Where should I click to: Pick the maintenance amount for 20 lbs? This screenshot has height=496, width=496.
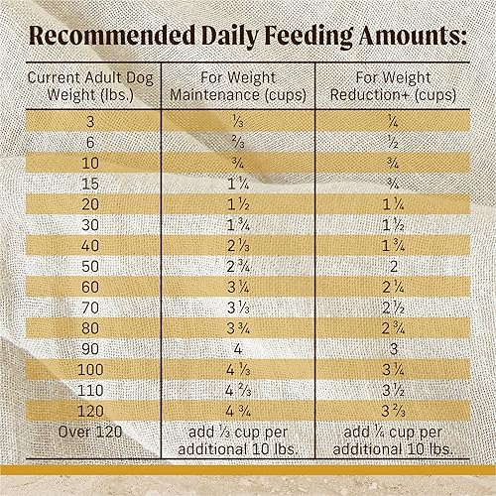(237, 204)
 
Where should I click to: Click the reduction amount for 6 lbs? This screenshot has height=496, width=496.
(395, 140)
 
